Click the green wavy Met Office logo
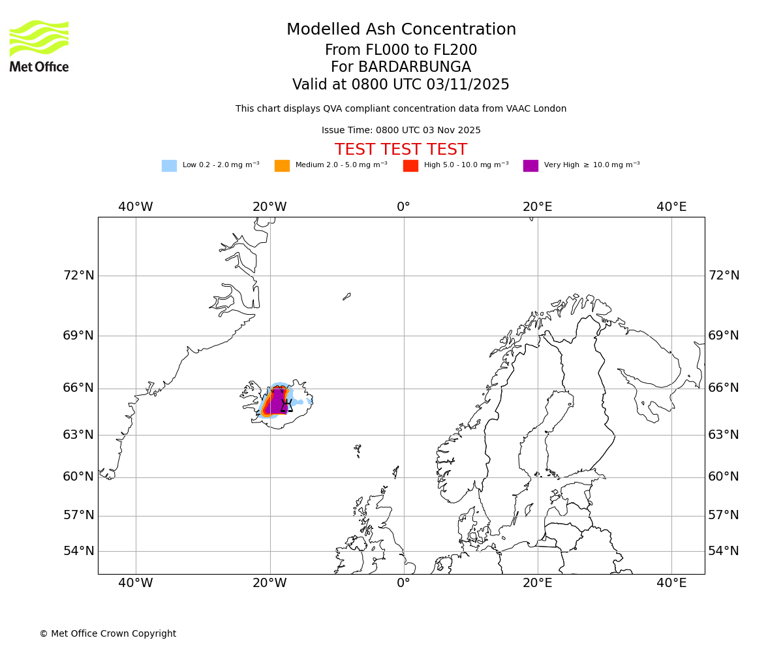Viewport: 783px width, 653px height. coord(39,39)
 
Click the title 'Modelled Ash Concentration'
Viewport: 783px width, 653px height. coord(401,29)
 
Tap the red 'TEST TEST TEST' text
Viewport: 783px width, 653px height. coord(401,150)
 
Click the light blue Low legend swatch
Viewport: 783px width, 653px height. coord(169,165)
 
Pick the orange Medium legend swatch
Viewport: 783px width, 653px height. coord(282,165)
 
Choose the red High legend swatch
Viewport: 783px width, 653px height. coord(410,165)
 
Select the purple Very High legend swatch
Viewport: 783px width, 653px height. coord(530,165)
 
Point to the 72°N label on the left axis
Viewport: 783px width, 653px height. coord(78,276)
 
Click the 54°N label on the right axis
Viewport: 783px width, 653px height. coord(724,551)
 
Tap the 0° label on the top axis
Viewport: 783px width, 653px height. coord(403,207)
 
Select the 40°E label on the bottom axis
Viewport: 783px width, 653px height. coord(671,582)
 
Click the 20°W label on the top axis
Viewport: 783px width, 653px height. coord(269,207)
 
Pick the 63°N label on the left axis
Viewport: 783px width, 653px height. coord(78,435)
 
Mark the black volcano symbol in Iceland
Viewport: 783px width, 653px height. coord(286,406)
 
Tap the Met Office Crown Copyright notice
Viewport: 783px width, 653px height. coord(108,633)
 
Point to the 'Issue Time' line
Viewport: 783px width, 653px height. coord(401,131)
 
